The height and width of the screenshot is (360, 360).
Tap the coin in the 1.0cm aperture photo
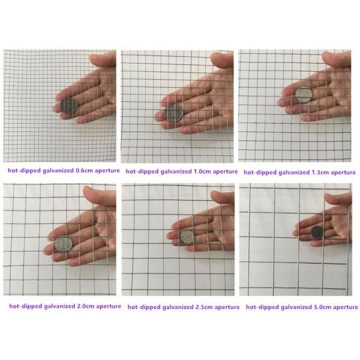[173, 112]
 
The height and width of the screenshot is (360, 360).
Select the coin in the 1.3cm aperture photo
[304, 95]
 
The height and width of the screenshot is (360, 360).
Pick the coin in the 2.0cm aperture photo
[63, 244]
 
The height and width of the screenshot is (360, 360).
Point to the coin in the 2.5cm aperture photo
[187, 236]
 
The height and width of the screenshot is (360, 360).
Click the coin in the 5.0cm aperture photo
[316, 232]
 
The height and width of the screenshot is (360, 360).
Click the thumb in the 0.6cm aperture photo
[103, 59]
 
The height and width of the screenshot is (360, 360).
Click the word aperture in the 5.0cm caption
[345, 307]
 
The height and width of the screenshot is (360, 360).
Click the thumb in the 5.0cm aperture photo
[337, 199]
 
